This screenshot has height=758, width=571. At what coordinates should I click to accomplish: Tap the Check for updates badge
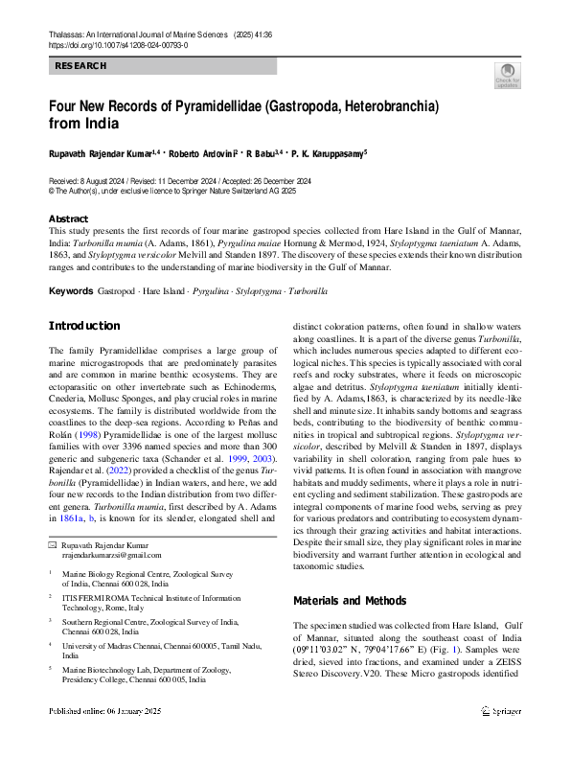506,75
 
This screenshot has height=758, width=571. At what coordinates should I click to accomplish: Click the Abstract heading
68,218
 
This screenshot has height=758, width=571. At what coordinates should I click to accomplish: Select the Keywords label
70,290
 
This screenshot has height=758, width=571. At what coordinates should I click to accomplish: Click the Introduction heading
84,326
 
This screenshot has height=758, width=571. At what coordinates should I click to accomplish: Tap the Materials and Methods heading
349,601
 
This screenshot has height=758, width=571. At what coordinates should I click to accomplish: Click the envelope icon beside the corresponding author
53,544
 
